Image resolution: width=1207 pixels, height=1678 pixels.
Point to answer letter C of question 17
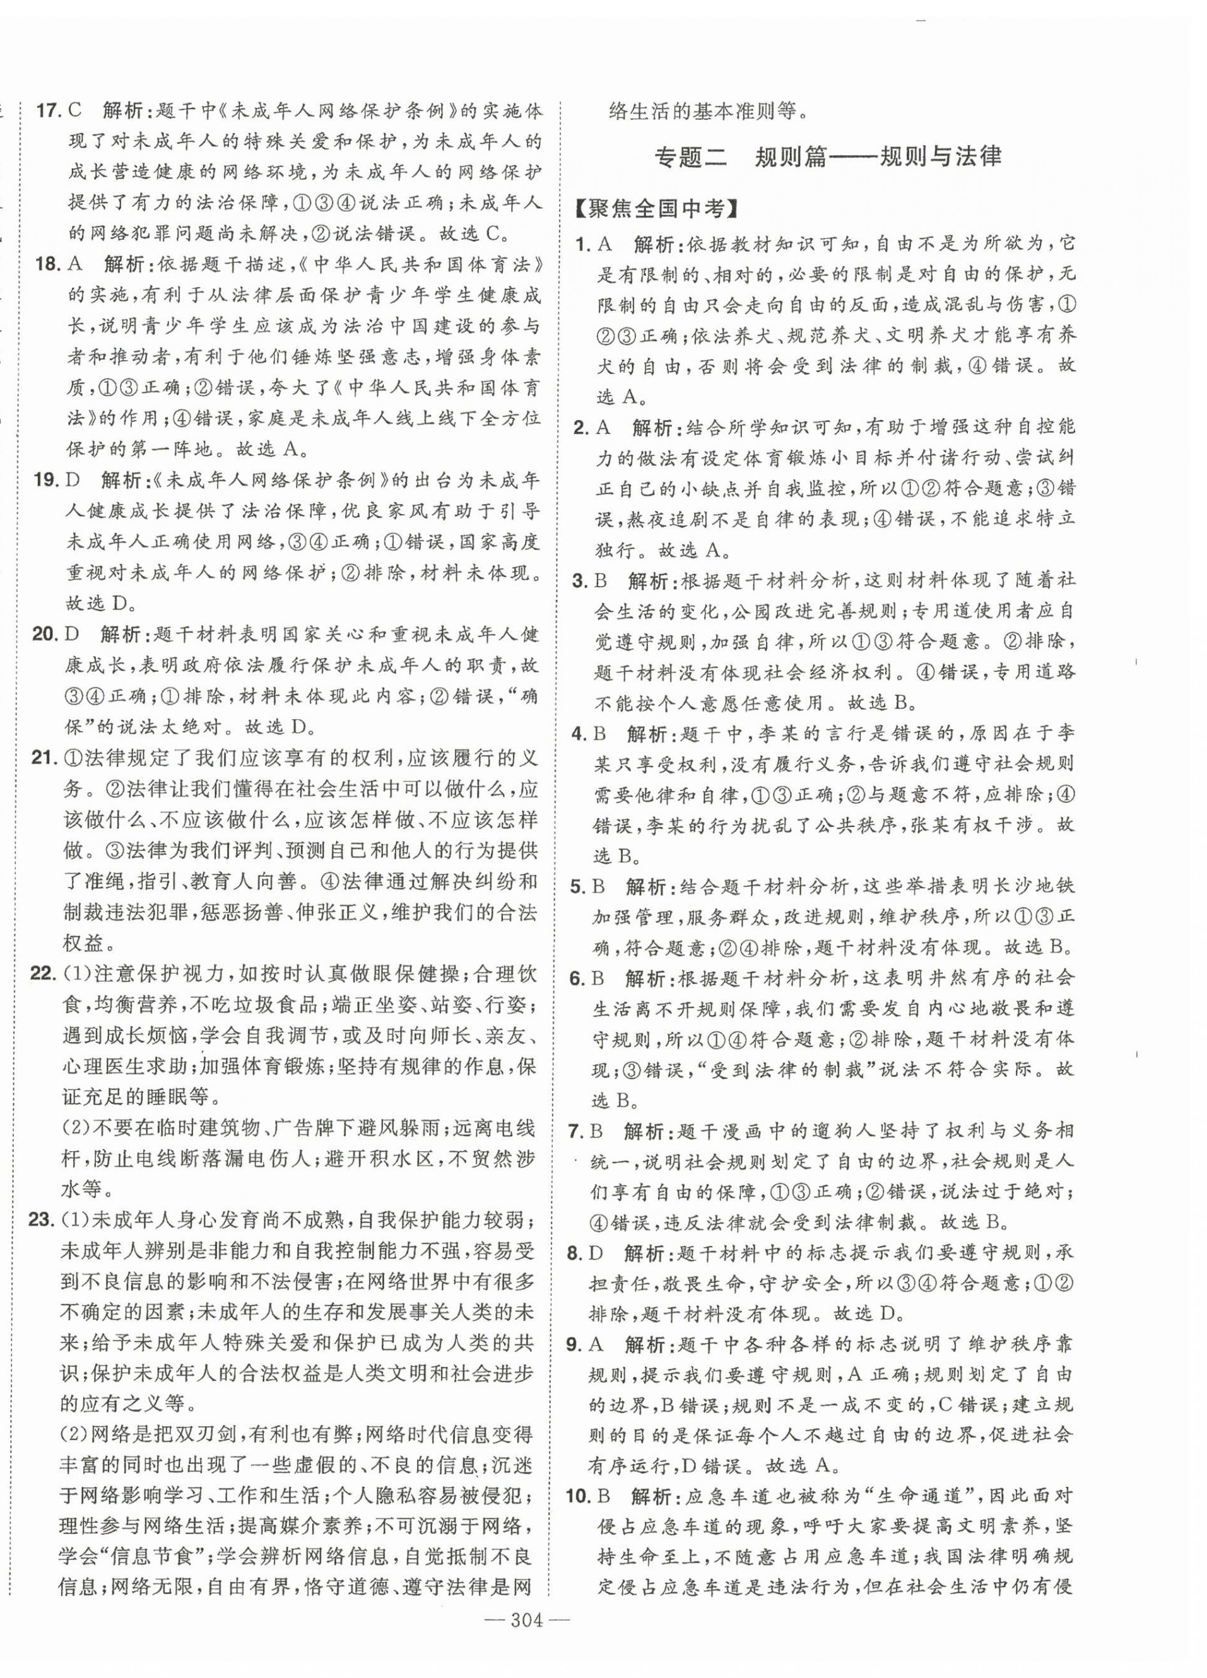(x=74, y=112)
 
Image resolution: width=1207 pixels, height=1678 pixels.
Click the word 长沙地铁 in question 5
(x=1028, y=886)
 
